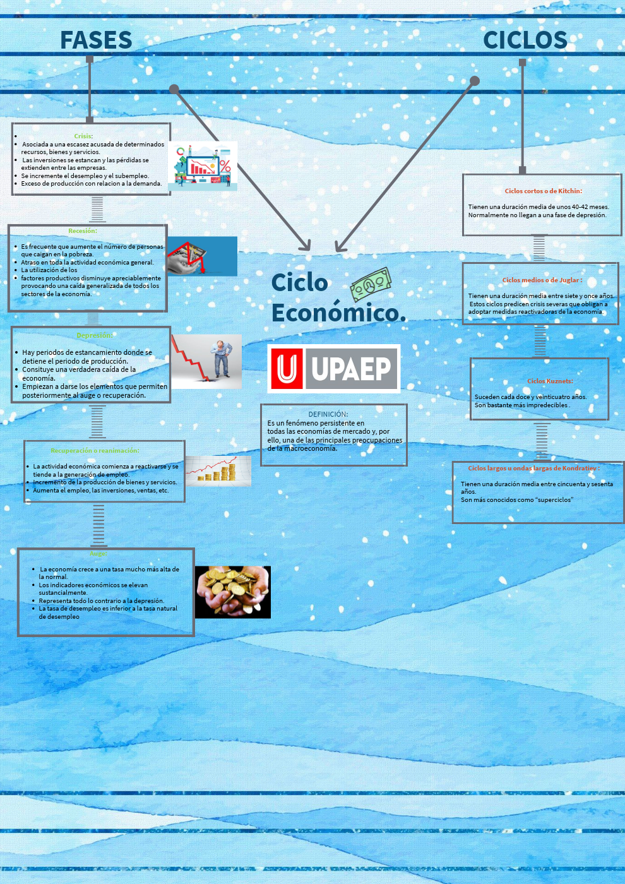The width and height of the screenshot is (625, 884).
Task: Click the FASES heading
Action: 96,40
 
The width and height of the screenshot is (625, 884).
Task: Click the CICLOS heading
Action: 525,40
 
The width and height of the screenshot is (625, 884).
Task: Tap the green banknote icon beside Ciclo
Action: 371,284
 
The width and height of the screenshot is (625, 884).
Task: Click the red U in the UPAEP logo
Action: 287,369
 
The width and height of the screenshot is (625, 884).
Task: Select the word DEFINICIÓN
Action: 328,414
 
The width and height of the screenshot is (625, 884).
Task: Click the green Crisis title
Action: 83,136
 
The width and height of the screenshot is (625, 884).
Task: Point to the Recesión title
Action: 83,231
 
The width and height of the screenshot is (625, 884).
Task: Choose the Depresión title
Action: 94,336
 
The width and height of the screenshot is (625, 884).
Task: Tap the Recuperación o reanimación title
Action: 95,451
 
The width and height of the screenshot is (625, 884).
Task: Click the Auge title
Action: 98,554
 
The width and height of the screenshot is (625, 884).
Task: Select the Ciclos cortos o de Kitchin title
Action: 543,191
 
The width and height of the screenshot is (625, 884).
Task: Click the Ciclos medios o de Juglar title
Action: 542,280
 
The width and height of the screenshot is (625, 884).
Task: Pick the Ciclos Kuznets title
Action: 550,381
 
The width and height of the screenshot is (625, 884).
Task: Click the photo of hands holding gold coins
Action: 232,592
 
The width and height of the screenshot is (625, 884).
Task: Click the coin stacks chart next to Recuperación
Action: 218,470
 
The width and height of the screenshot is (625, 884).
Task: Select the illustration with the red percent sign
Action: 203,165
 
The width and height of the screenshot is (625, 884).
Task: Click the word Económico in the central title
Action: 338,313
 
